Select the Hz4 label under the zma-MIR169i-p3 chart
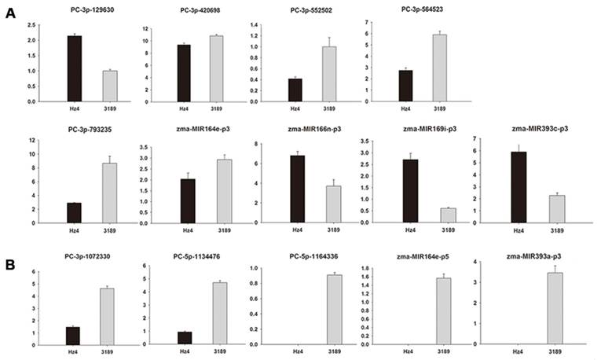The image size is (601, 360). pyautogui.click(x=409, y=231)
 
